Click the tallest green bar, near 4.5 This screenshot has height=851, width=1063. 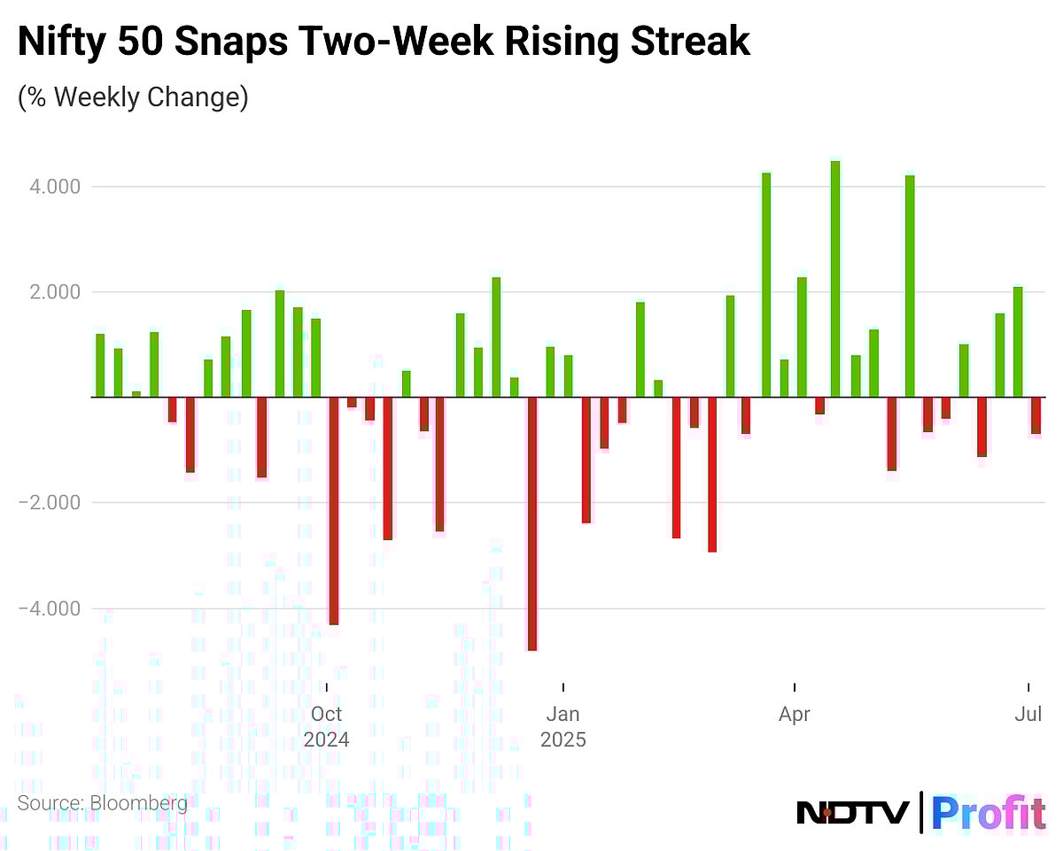pos(835,279)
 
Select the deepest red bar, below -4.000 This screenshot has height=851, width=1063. pos(532,523)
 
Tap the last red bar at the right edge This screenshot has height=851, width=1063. pos(1036,415)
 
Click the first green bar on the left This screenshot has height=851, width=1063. pos(100,365)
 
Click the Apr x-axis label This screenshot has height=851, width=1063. pos(795,714)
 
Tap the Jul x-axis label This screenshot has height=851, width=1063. pos(1028,714)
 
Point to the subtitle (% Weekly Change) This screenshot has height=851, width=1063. pos(133,97)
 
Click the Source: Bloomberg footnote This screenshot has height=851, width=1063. pos(103,803)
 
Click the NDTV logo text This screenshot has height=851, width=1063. pos(853,812)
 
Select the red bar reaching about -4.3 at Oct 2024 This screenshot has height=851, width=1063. pos(334,511)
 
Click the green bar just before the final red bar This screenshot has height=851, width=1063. pos(1018,342)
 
